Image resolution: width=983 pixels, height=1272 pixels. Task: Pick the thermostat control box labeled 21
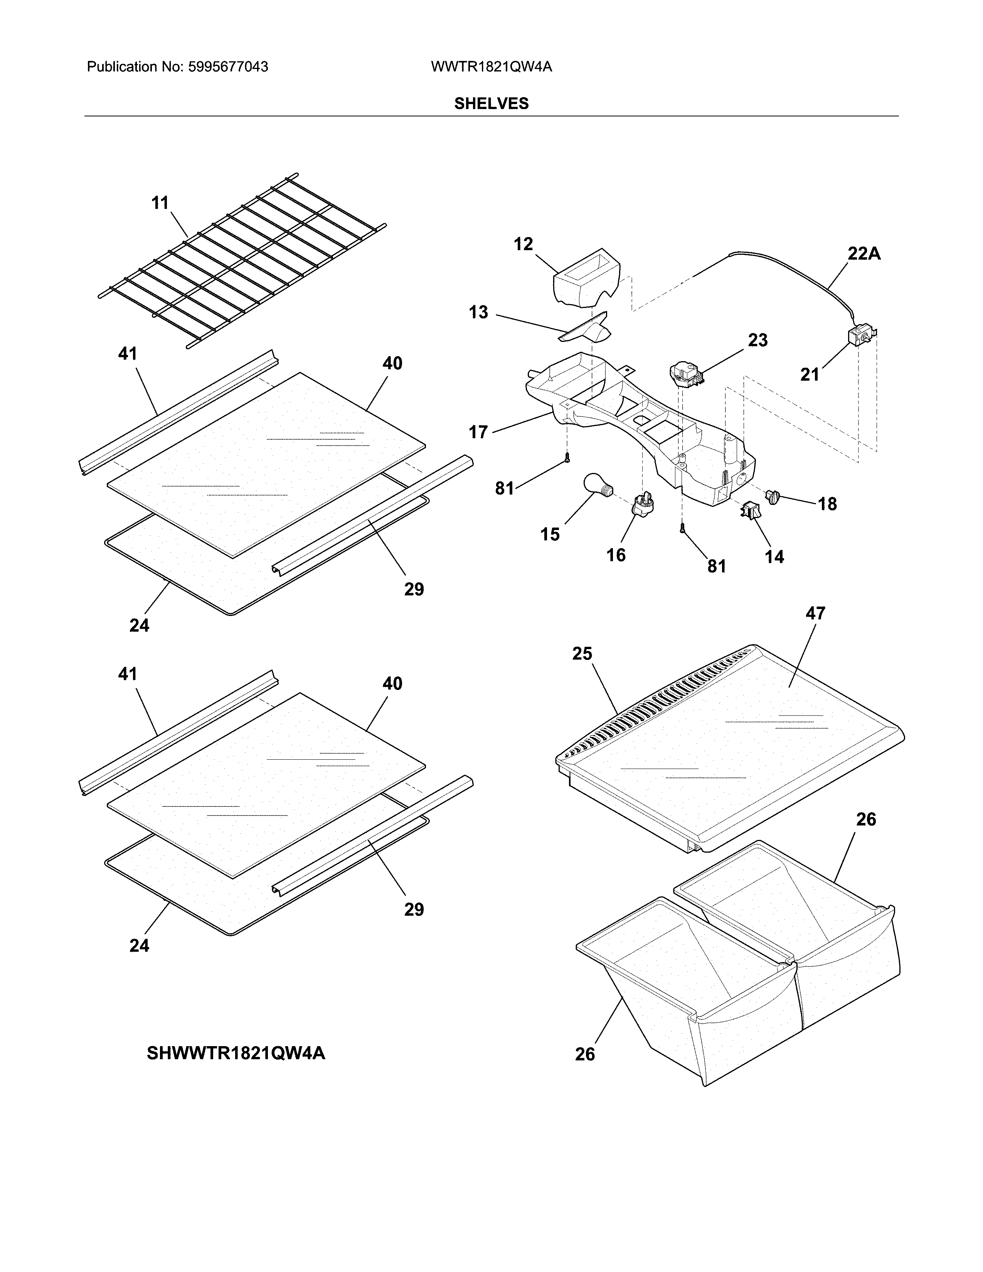(x=858, y=337)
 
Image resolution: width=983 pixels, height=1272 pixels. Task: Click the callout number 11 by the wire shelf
(x=160, y=203)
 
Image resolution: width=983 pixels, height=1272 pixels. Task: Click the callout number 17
(x=478, y=432)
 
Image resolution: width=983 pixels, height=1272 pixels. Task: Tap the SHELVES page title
(x=491, y=104)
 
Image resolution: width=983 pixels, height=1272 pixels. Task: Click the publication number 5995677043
(x=228, y=67)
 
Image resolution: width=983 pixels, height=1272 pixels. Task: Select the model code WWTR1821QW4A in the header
(x=491, y=67)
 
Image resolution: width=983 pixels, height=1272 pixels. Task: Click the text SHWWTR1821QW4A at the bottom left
(x=236, y=1053)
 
